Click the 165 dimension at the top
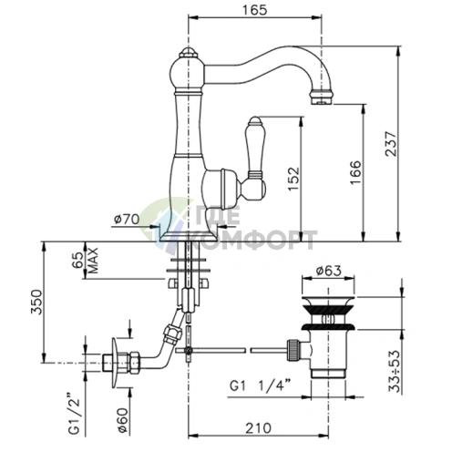(254, 10)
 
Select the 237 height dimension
(391, 144)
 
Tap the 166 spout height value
(355, 172)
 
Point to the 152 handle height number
(293, 179)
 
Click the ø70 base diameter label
(127, 219)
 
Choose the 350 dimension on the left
(36, 302)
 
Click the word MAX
(93, 261)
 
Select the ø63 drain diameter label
(328, 271)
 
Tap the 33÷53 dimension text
(395, 371)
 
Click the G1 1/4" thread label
(260, 386)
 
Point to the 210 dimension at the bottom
(258, 428)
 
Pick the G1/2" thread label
(74, 414)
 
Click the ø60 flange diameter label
(123, 421)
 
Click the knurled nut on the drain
(293, 350)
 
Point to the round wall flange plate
(115, 363)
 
